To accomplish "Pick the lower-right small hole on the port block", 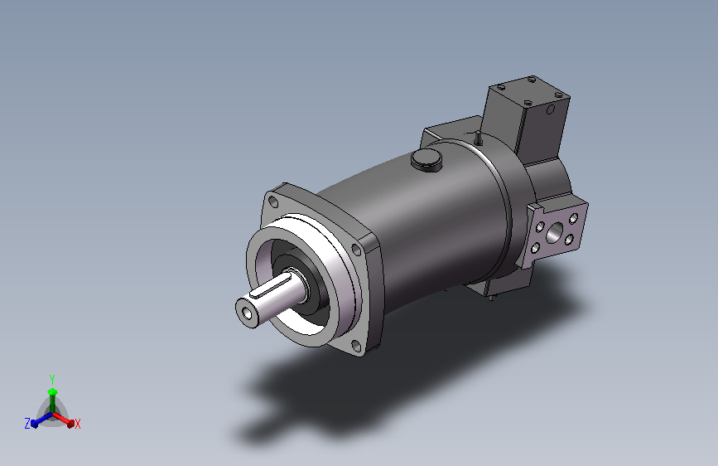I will [x=571, y=241].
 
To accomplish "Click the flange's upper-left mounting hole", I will [x=272, y=201].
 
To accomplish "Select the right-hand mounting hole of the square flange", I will [x=357, y=248].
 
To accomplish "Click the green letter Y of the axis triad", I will [x=51, y=377].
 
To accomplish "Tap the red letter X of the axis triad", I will [x=77, y=424].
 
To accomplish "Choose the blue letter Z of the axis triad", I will [x=27, y=423].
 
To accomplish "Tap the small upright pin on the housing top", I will [x=478, y=135].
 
